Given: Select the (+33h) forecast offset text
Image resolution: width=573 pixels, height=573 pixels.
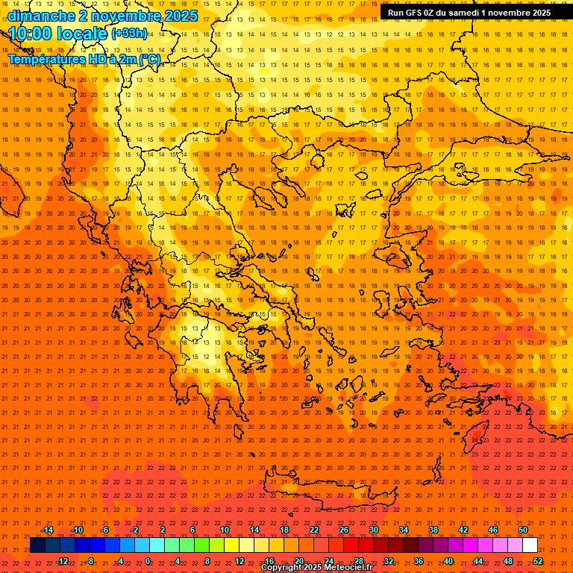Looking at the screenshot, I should pyautogui.click(x=129, y=33).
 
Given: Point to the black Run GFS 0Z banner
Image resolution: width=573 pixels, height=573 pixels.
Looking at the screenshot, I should pyautogui.click(x=469, y=13).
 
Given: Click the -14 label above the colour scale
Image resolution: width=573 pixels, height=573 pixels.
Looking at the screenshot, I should pyautogui.click(x=47, y=530).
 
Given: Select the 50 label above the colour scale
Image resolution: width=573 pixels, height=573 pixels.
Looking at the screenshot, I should pyautogui.click(x=522, y=530).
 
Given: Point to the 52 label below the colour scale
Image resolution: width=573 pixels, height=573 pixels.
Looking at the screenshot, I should pyautogui.click(x=538, y=560).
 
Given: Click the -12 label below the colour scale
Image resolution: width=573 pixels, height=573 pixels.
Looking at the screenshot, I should pyautogui.click(x=62, y=560).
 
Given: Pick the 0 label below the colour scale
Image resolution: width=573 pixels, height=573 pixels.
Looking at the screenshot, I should pyautogui.click(x=148, y=560).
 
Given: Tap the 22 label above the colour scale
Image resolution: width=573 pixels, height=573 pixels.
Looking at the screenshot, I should pyautogui.click(x=314, y=530).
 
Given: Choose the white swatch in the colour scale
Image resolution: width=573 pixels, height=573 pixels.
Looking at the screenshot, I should pyautogui.click(x=530, y=545).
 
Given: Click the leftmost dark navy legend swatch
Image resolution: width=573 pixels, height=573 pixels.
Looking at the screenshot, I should pyautogui.click(x=37, y=545).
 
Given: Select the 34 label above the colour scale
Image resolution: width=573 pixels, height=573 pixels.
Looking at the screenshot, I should pyautogui.click(x=404, y=530).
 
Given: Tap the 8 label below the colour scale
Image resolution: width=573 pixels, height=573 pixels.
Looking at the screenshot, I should pyautogui.click(x=207, y=560).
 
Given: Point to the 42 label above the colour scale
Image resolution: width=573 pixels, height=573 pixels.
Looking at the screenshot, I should pyautogui.click(x=463, y=530).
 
